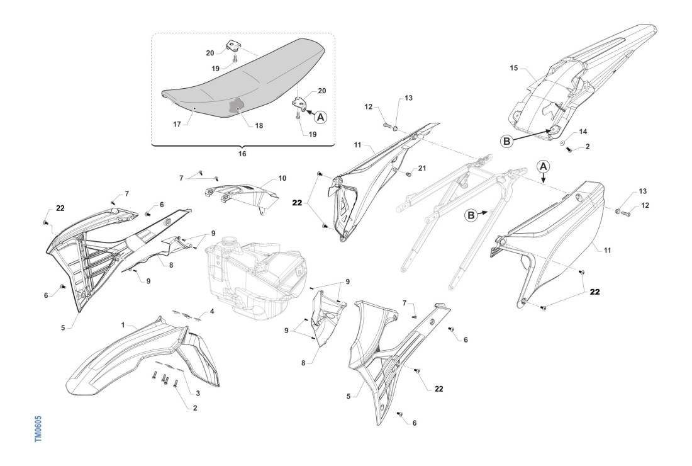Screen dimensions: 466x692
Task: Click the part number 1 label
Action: pyautogui.click(x=125, y=325)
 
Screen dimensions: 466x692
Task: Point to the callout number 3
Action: pyautogui.click(x=198, y=392)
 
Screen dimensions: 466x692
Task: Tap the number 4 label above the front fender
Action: pyautogui.click(x=211, y=311)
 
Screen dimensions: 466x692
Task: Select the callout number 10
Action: pyautogui.click(x=282, y=178)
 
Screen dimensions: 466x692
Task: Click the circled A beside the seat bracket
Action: pyautogui.click(x=320, y=116)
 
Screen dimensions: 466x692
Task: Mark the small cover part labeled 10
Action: pyautogui.click(x=242, y=192)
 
